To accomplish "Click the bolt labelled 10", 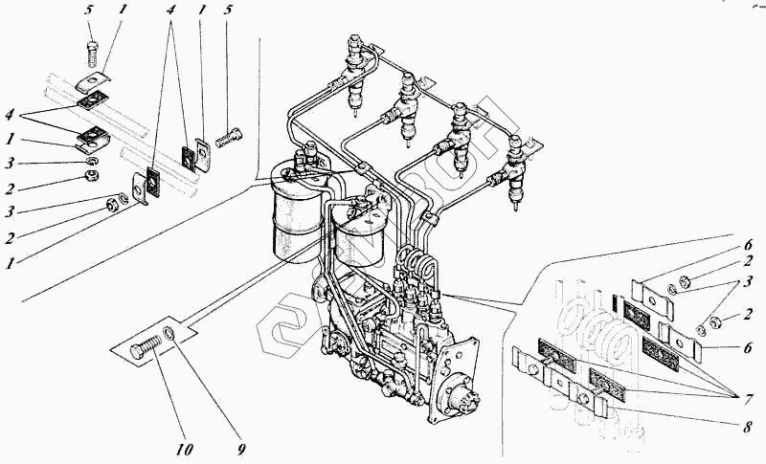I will pos(146,350).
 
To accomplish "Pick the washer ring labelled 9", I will pos(169,334).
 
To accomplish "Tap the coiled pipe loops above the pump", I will pos(417,260).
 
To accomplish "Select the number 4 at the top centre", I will pos(171,14).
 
